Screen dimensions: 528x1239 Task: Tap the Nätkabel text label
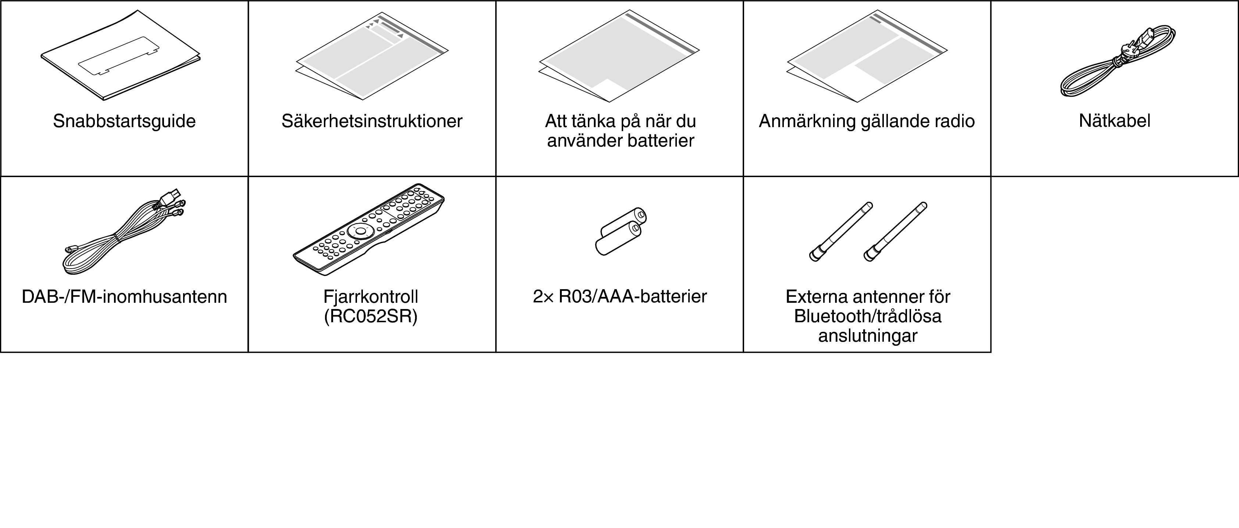(x=1114, y=121)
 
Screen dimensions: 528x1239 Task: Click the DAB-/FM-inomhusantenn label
(x=124, y=297)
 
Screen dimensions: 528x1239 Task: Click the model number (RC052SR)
(x=371, y=317)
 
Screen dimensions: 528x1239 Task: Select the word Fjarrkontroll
(x=371, y=297)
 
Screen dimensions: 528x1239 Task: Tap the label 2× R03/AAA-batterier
(x=619, y=297)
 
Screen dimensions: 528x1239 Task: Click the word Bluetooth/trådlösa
(x=868, y=316)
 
